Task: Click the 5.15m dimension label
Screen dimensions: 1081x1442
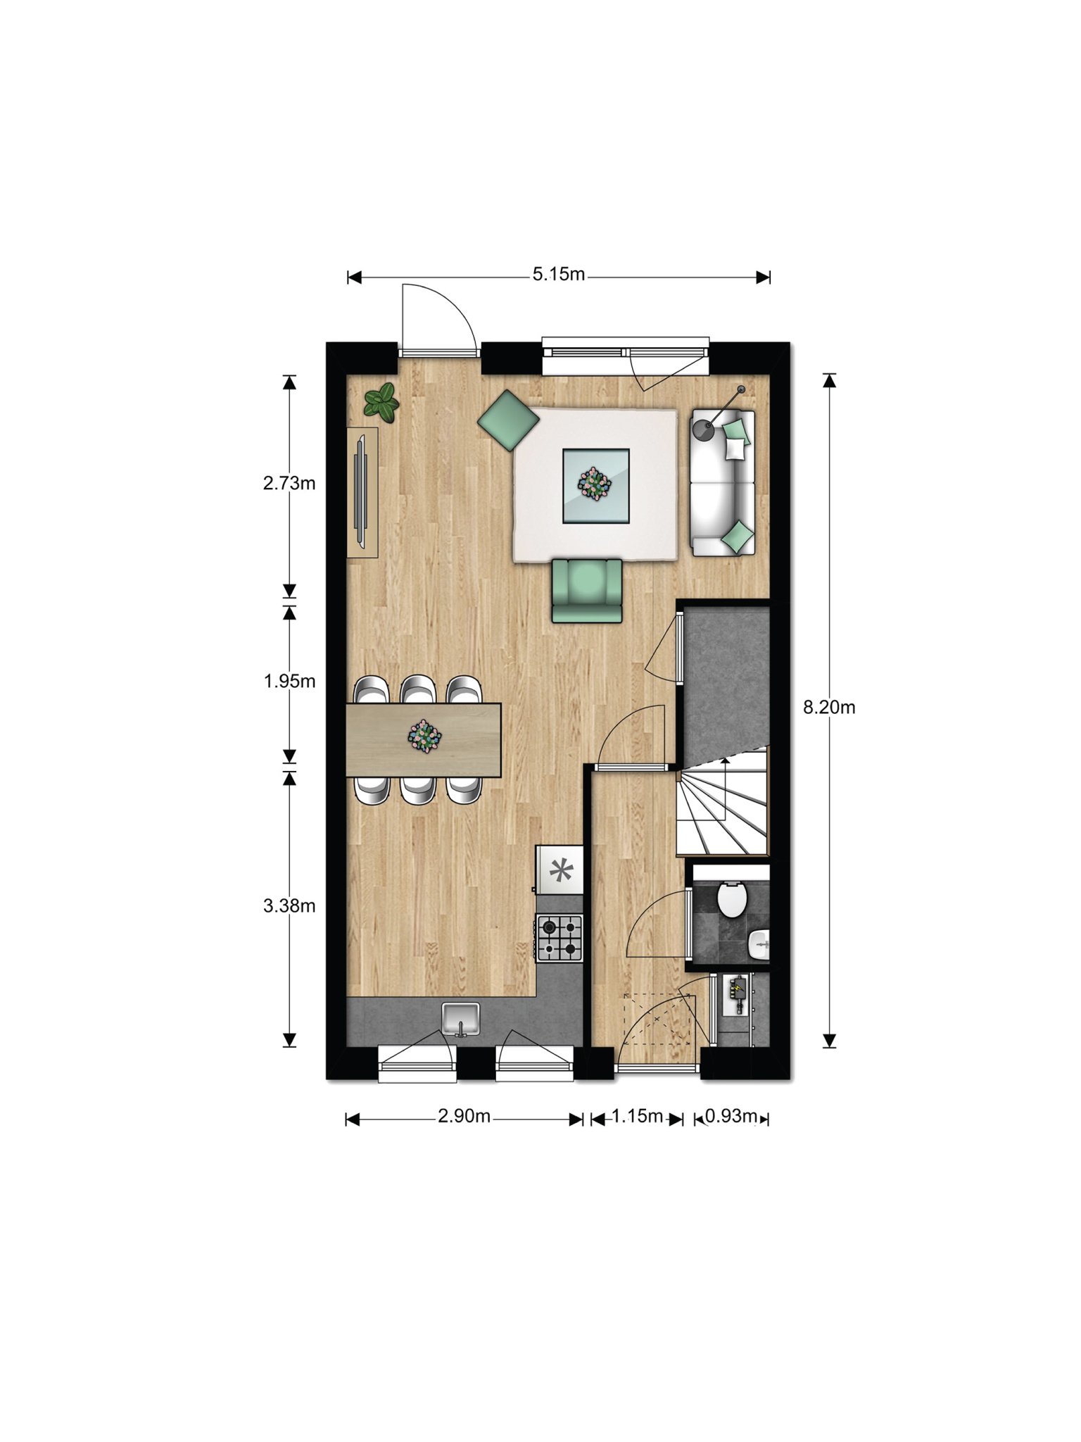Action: click(x=559, y=274)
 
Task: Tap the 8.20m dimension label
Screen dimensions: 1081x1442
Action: click(x=829, y=707)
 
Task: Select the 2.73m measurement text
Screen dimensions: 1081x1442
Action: click(x=289, y=483)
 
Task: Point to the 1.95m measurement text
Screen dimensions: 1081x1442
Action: click(x=289, y=681)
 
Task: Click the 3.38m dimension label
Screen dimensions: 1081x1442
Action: click(x=289, y=905)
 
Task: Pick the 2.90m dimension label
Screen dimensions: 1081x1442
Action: click(x=464, y=1116)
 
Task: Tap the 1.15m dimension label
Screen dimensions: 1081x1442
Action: click(x=638, y=1116)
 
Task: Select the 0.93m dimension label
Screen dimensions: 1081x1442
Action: click(x=731, y=1116)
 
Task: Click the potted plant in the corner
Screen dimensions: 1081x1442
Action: click(x=381, y=402)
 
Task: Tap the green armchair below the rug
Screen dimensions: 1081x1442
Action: click(x=587, y=590)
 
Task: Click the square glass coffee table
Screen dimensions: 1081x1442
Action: click(x=595, y=486)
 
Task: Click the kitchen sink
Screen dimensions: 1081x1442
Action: click(x=461, y=1020)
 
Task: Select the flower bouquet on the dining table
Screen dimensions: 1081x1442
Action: click(x=424, y=736)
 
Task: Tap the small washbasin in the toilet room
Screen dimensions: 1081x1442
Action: click(x=758, y=944)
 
